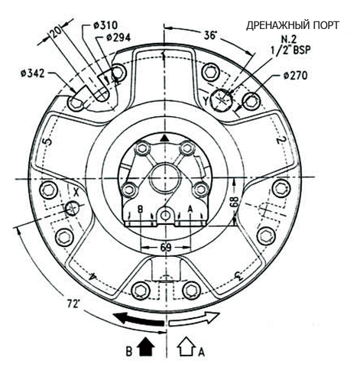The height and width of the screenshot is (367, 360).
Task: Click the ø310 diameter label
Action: [x=105, y=25]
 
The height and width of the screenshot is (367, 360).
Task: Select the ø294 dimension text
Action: [x=118, y=37]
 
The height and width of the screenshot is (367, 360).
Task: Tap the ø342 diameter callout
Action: [x=33, y=73]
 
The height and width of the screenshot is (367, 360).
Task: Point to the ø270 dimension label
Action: [x=296, y=76]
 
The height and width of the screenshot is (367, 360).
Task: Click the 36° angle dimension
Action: [x=210, y=35]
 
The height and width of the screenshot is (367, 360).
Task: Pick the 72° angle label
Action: [x=73, y=304]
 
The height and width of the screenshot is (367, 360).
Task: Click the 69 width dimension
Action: [x=166, y=247]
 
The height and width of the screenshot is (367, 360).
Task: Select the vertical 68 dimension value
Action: [x=235, y=202]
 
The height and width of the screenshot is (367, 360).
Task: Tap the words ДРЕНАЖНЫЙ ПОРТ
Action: [x=293, y=25]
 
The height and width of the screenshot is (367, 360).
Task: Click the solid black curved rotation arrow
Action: [x=138, y=320]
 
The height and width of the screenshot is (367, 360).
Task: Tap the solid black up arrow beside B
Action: [x=146, y=346]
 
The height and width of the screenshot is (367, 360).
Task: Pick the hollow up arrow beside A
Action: [x=186, y=346]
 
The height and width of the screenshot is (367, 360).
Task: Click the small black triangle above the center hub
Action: [x=164, y=138]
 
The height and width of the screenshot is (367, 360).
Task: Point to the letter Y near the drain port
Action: [x=206, y=101]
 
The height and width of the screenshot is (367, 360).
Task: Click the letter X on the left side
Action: [x=76, y=193]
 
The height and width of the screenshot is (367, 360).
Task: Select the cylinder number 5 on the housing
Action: [x=48, y=141]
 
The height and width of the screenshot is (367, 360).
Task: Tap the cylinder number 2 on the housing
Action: [x=281, y=140]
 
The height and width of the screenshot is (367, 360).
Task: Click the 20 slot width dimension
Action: [x=56, y=32]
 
